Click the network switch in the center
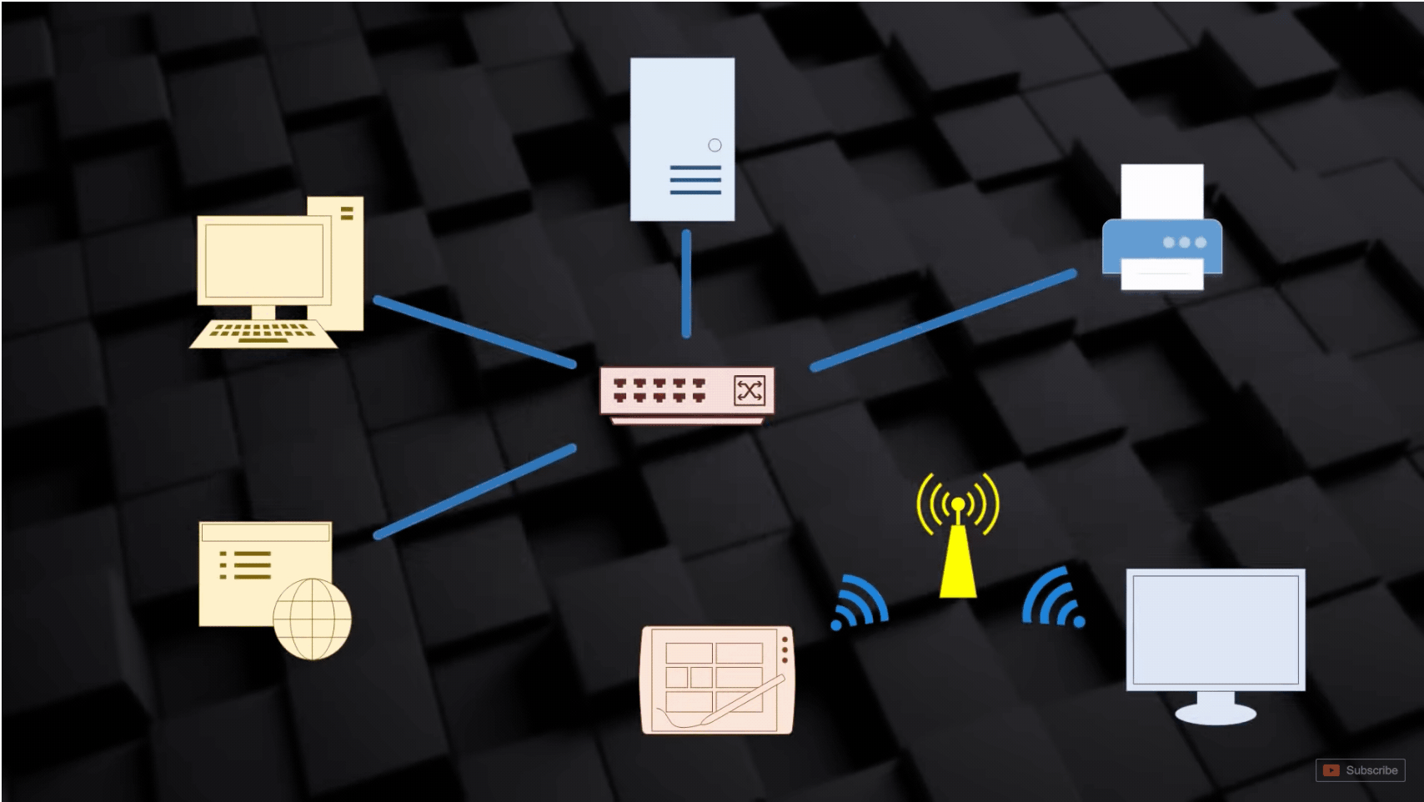[686, 392]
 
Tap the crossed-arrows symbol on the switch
[749, 390]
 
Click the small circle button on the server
[715, 145]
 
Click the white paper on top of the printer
[1161, 190]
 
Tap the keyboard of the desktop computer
[263, 333]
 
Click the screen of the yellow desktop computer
[263, 260]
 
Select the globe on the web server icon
[312, 619]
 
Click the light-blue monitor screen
[1215, 629]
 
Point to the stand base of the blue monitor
[1215, 714]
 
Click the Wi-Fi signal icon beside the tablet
[859, 602]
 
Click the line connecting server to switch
[686, 283]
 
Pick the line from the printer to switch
[942, 319]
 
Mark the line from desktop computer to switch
[474, 331]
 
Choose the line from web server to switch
[474, 491]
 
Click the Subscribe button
[1361, 770]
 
